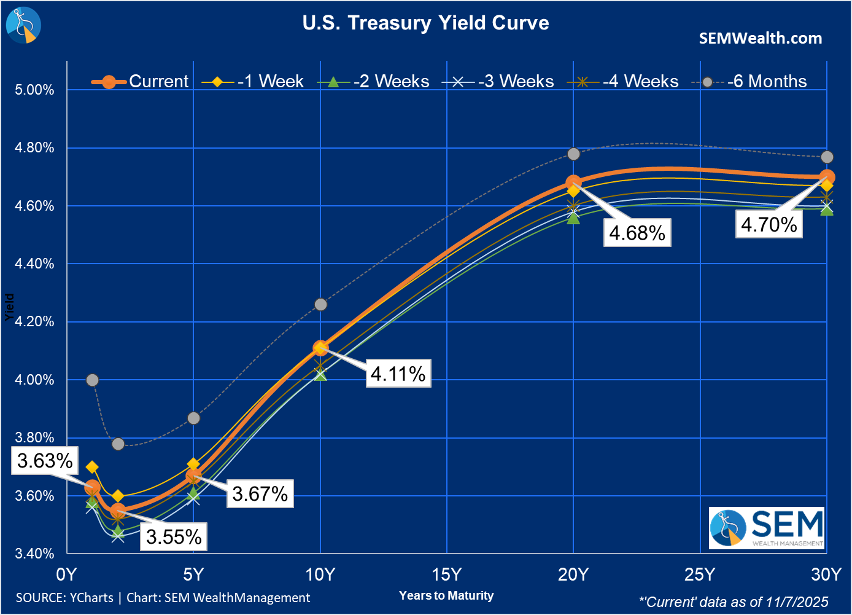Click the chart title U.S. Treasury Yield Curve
pos(425,23)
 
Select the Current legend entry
pos(141,81)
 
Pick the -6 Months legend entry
pos(750,81)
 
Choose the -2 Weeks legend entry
pos(374,81)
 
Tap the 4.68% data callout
pos(637,233)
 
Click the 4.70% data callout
pos(769,224)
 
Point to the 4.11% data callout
pos(398,374)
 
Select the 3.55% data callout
pos(174,537)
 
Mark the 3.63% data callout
pos(45,461)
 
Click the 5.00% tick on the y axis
pos(34,90)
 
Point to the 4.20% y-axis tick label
pos(34,321)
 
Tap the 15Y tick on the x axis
pos(446,574)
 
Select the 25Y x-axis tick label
pos(700,574)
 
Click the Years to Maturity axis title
pos(446,595)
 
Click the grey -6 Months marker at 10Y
pos(320,305)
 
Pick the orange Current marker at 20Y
pos(573,182)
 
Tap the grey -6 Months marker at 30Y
pos(827,157)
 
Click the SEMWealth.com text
pos(761,38)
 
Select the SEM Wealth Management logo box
pos(767,528)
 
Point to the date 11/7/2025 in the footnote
pos(797,602)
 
